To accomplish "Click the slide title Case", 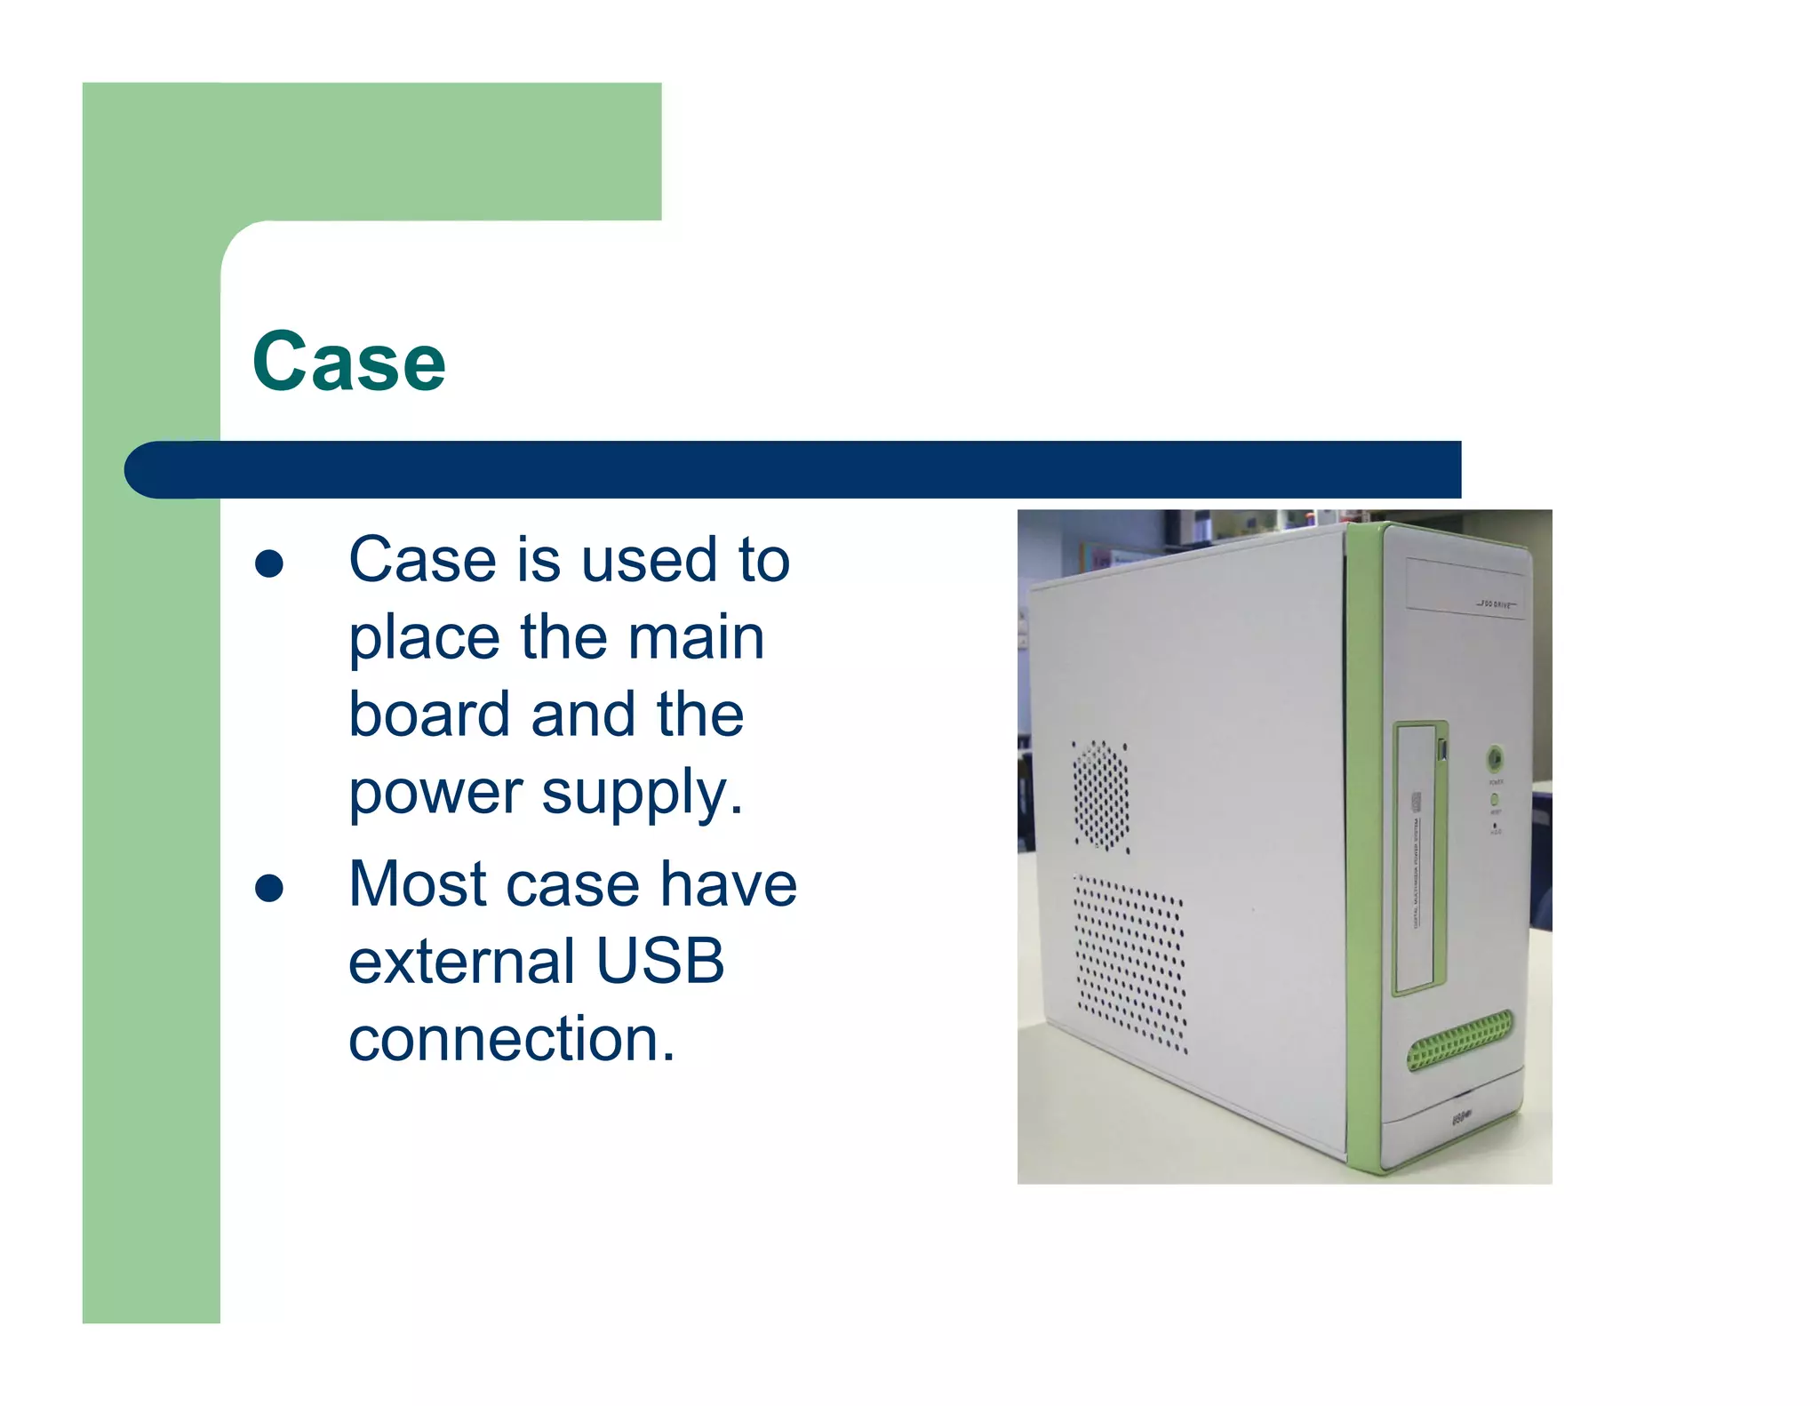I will (348, 362).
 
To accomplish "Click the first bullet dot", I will (268, 563).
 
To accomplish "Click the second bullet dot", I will (268, 888).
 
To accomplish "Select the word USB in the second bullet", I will (660, 962).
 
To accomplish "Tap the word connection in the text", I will (511, 1039).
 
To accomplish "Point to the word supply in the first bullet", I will (642, 793).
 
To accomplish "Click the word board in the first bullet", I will (429, 715).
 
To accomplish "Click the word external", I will (462, 962).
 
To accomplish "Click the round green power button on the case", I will (1496, 758).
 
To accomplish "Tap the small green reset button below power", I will (1495, 800).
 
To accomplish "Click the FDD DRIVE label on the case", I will (1497, 604).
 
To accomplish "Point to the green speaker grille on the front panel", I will (1458, 1040).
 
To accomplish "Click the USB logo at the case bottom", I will (1462, 1116).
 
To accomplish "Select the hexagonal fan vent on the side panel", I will (1100, 795).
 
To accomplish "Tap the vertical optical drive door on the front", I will (1419, 858).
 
